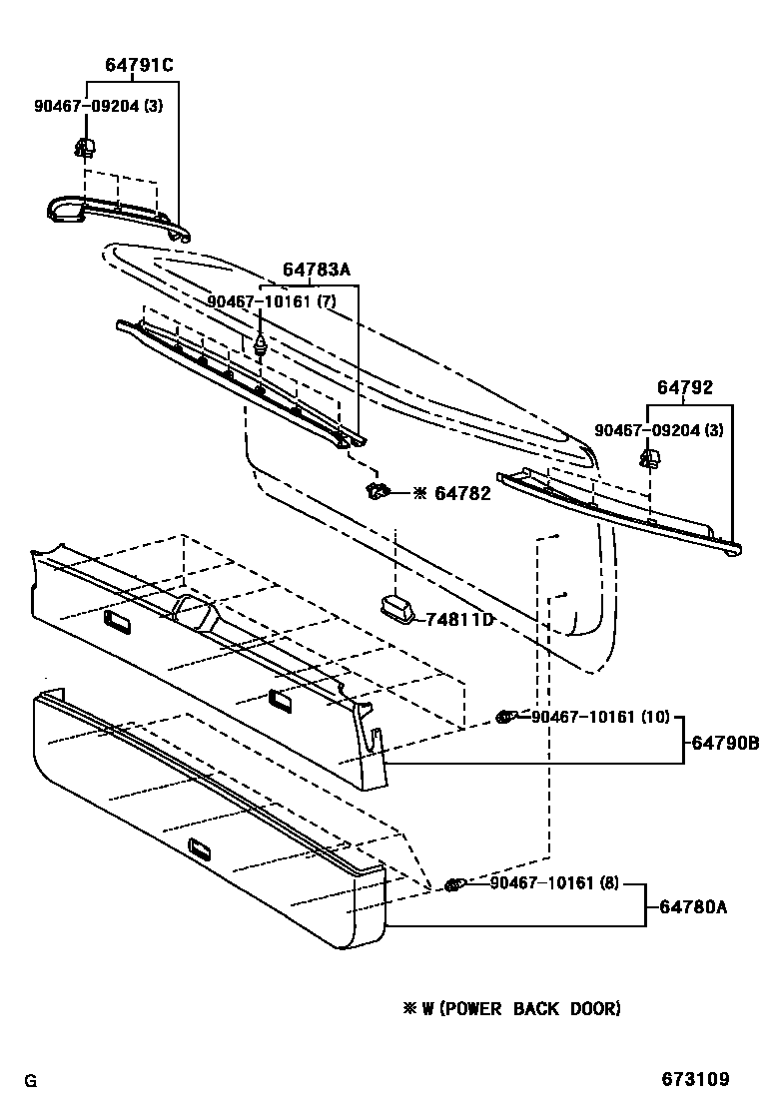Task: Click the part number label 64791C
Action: tap(139, 66)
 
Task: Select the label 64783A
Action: tap(316, 270)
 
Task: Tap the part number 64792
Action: tap(685, 388)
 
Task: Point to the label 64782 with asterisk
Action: tap(452, 493)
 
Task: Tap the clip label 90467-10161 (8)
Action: tap(555, 882)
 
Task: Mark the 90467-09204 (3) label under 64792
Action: tap(659, 429)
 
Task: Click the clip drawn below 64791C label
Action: tap(85, 149)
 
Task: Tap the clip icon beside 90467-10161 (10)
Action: tap(506, 717)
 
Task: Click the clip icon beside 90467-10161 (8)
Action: tap(454, 883)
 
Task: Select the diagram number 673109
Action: tap(695, 1079)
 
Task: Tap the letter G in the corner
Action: tap(30, 1081)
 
